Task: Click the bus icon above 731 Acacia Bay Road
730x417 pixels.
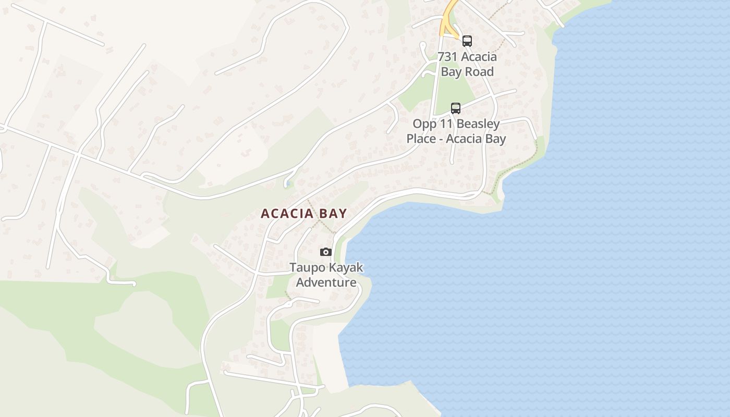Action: click(467, 41)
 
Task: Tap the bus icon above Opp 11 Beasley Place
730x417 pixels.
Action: click(456, 108)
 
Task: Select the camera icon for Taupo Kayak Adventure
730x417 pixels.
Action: click(326, 252)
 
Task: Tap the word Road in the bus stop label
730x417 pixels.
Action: click(479, 72)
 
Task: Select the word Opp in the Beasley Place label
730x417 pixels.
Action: click(424, 124)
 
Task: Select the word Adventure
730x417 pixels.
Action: click(326, 283)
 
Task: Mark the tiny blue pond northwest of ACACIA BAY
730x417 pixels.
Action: click(288, 184)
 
